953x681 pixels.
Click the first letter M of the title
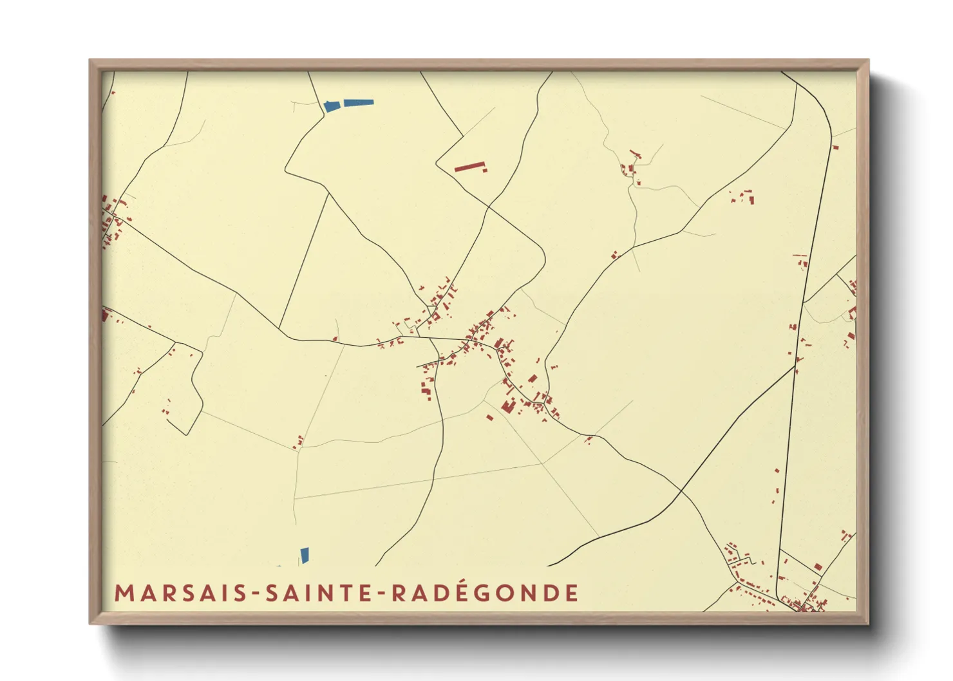(122, 593)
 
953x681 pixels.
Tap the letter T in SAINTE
(351, 593)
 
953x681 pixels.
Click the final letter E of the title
(572, 593)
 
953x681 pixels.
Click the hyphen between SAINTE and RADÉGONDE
(381, 594)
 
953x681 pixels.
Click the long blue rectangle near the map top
(359, 102)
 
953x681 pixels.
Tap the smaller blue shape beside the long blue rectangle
(332, 106)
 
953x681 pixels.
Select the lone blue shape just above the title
(305, 555)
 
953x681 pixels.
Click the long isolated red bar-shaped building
(469, 167)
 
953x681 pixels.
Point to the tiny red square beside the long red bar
(485, 171)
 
